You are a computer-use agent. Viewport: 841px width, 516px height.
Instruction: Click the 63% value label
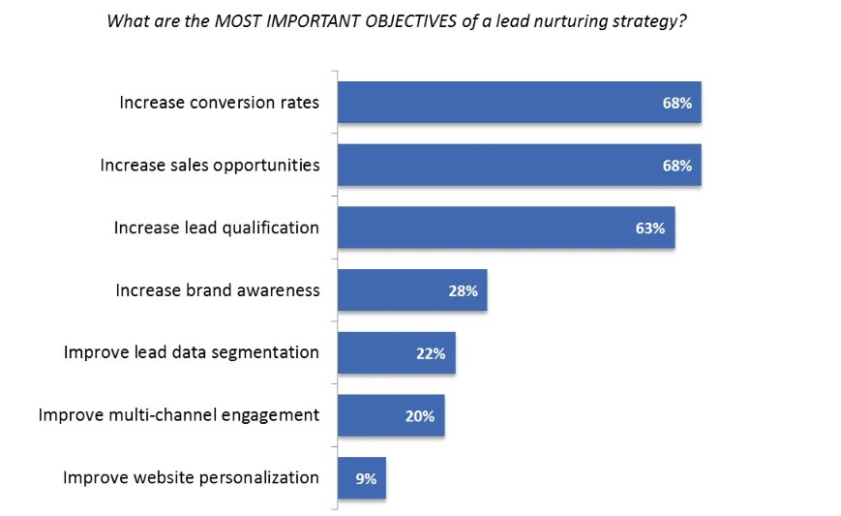coord(650,228)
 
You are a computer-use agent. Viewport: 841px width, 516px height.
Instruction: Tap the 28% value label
coord(463,290)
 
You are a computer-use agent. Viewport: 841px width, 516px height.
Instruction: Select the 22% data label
coord(431,353)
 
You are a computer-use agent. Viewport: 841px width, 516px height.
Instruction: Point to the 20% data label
coord(420,416)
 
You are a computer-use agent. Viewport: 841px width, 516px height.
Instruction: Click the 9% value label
coord(365,478)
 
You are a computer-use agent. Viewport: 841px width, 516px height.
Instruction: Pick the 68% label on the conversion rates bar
coord(676,103)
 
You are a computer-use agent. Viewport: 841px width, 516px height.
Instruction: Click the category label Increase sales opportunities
coord(210,165)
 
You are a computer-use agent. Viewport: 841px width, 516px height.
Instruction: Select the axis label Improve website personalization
coord(191,477)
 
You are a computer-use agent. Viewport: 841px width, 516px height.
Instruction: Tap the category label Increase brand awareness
coord(217,289)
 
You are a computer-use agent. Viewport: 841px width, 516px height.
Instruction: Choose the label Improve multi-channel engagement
coord(178,414)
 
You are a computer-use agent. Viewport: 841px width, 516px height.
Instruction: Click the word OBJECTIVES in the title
coord(413,22)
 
